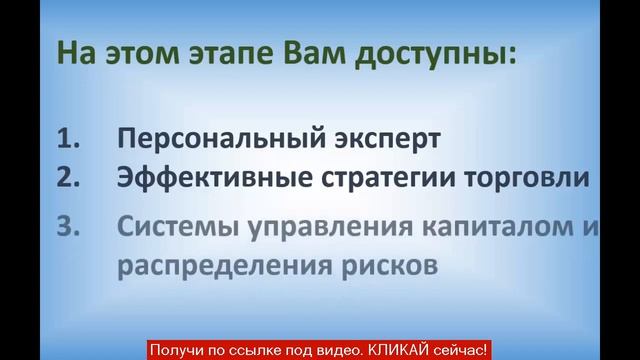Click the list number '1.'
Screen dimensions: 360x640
[67, 138]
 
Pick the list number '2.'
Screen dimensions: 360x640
[67, 178]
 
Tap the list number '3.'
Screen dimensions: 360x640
[67, 227]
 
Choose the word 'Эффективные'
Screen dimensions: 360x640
[206, 179]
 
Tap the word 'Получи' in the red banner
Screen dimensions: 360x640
[175, 351]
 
